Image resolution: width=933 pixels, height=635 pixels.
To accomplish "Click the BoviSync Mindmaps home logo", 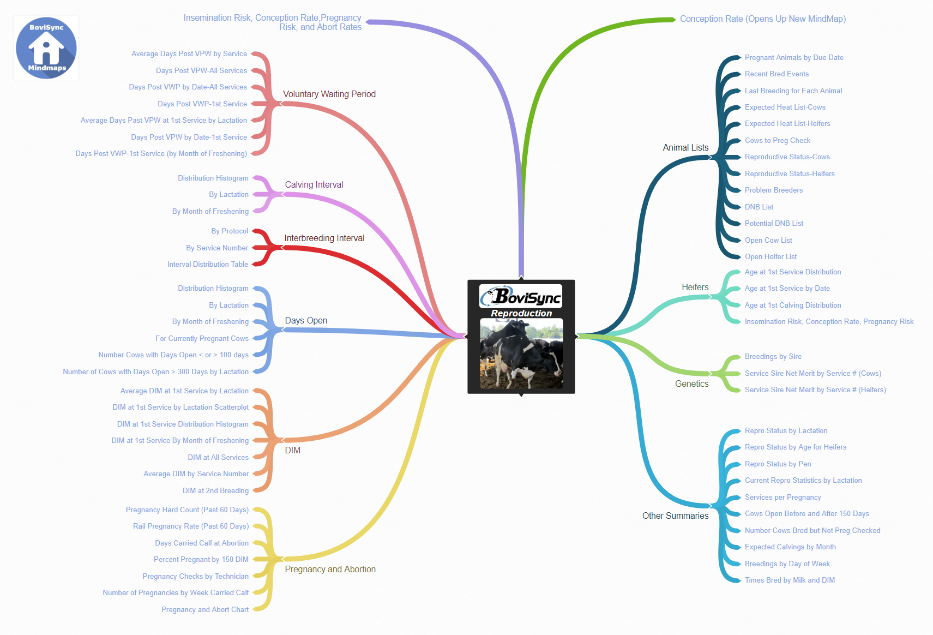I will [46, 48].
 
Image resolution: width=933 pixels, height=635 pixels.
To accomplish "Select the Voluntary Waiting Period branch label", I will [329, 94].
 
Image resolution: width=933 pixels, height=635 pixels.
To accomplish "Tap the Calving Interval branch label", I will [314, 184].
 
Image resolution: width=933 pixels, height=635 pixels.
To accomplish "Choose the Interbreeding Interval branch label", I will [324, 238].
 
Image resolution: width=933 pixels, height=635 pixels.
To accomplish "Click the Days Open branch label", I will [306, 320].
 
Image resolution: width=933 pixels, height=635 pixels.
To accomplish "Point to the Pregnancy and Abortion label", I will [330, 569].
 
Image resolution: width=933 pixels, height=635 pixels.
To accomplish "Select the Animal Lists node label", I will [685, 147].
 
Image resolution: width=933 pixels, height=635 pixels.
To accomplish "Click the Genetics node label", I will [691, 384].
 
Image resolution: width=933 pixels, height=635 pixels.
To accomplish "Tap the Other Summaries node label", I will [675, 516].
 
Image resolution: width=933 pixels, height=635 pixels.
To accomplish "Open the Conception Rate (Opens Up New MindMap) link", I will [762, 19].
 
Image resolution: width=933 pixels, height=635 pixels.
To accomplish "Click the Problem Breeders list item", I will [773, 190].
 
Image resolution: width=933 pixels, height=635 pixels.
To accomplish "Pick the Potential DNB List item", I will [774, 223].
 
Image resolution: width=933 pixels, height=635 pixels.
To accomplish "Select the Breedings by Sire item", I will [773, 356].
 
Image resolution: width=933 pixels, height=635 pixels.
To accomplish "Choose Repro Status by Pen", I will [778, 464].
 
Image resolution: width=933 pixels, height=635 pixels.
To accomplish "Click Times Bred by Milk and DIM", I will [789, 580].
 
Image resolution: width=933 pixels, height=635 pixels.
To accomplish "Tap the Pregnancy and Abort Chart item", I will [204, 609].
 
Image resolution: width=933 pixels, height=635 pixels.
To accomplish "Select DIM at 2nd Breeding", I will [215, 490].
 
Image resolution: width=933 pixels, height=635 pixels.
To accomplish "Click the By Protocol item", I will [230, 231].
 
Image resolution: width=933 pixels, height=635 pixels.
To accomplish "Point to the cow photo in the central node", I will [521, 354].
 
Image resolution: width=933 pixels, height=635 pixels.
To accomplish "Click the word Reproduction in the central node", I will [521, 313].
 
